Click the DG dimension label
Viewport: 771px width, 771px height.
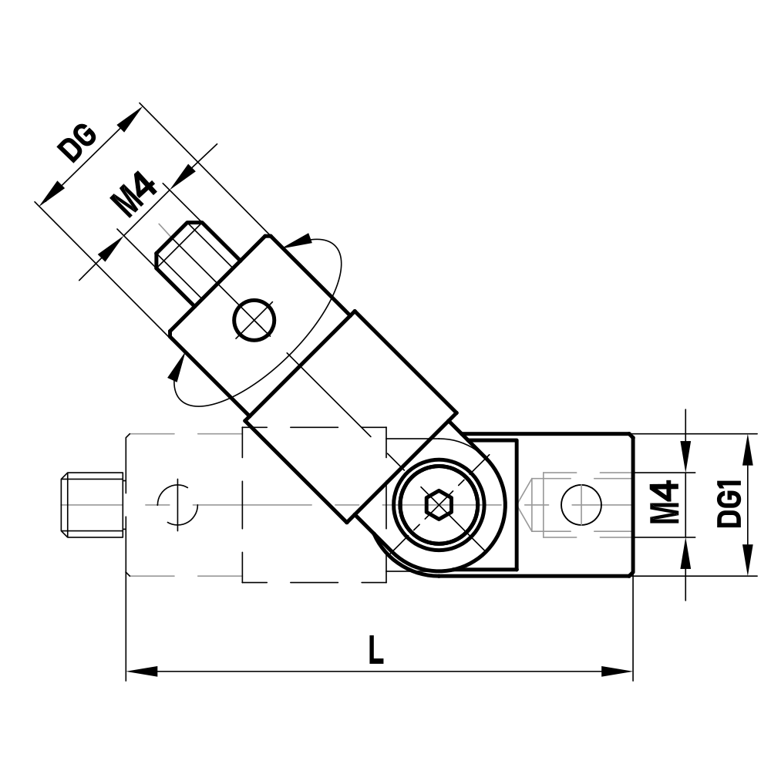(79, 143)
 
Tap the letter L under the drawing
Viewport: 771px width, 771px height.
(375, 651)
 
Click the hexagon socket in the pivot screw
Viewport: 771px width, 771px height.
(438, 506)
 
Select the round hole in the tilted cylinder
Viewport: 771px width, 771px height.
(254, 319)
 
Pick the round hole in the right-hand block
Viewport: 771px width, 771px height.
(581, 506)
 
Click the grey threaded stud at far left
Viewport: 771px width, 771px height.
(91, 505)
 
